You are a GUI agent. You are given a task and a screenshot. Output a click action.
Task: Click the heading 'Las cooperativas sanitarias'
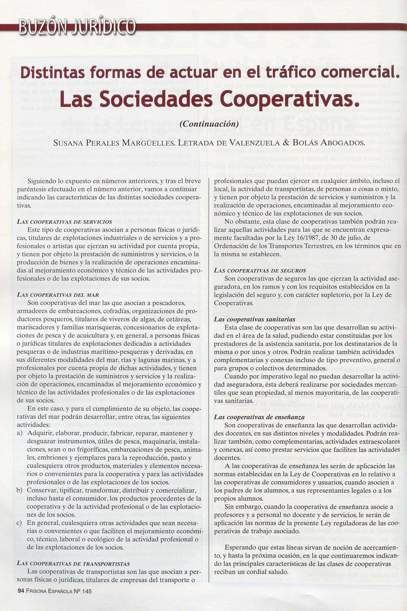255,319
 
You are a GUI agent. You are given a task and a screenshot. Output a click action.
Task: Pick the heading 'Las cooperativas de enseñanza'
259,418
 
